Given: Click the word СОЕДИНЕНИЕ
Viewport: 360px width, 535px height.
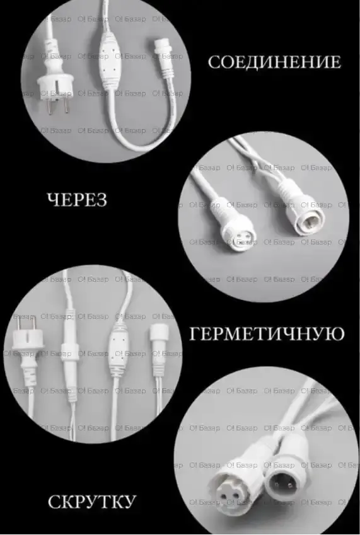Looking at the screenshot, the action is tap(274, 62).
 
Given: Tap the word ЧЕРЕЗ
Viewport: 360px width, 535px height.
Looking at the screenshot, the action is tap(77, 200).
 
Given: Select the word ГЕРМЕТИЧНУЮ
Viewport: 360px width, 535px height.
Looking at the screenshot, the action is tap(267, 334).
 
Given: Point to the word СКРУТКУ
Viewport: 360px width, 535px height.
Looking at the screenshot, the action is tap(92, 502).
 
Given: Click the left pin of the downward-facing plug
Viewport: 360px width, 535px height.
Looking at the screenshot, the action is tap(50, 106).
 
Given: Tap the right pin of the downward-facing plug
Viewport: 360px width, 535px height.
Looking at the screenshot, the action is tap(66, 106).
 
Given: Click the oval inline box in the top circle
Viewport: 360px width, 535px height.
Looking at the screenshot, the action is tap(108, 57).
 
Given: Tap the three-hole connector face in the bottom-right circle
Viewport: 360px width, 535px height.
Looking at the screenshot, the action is tap(230, 491).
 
